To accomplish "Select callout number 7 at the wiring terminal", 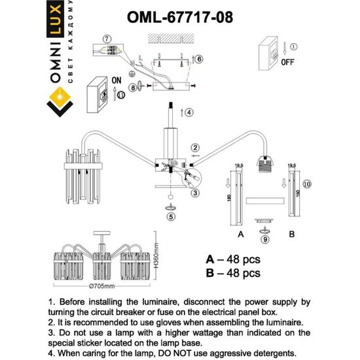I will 107,39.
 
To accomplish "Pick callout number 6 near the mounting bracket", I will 199,59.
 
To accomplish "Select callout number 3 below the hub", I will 194,193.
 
